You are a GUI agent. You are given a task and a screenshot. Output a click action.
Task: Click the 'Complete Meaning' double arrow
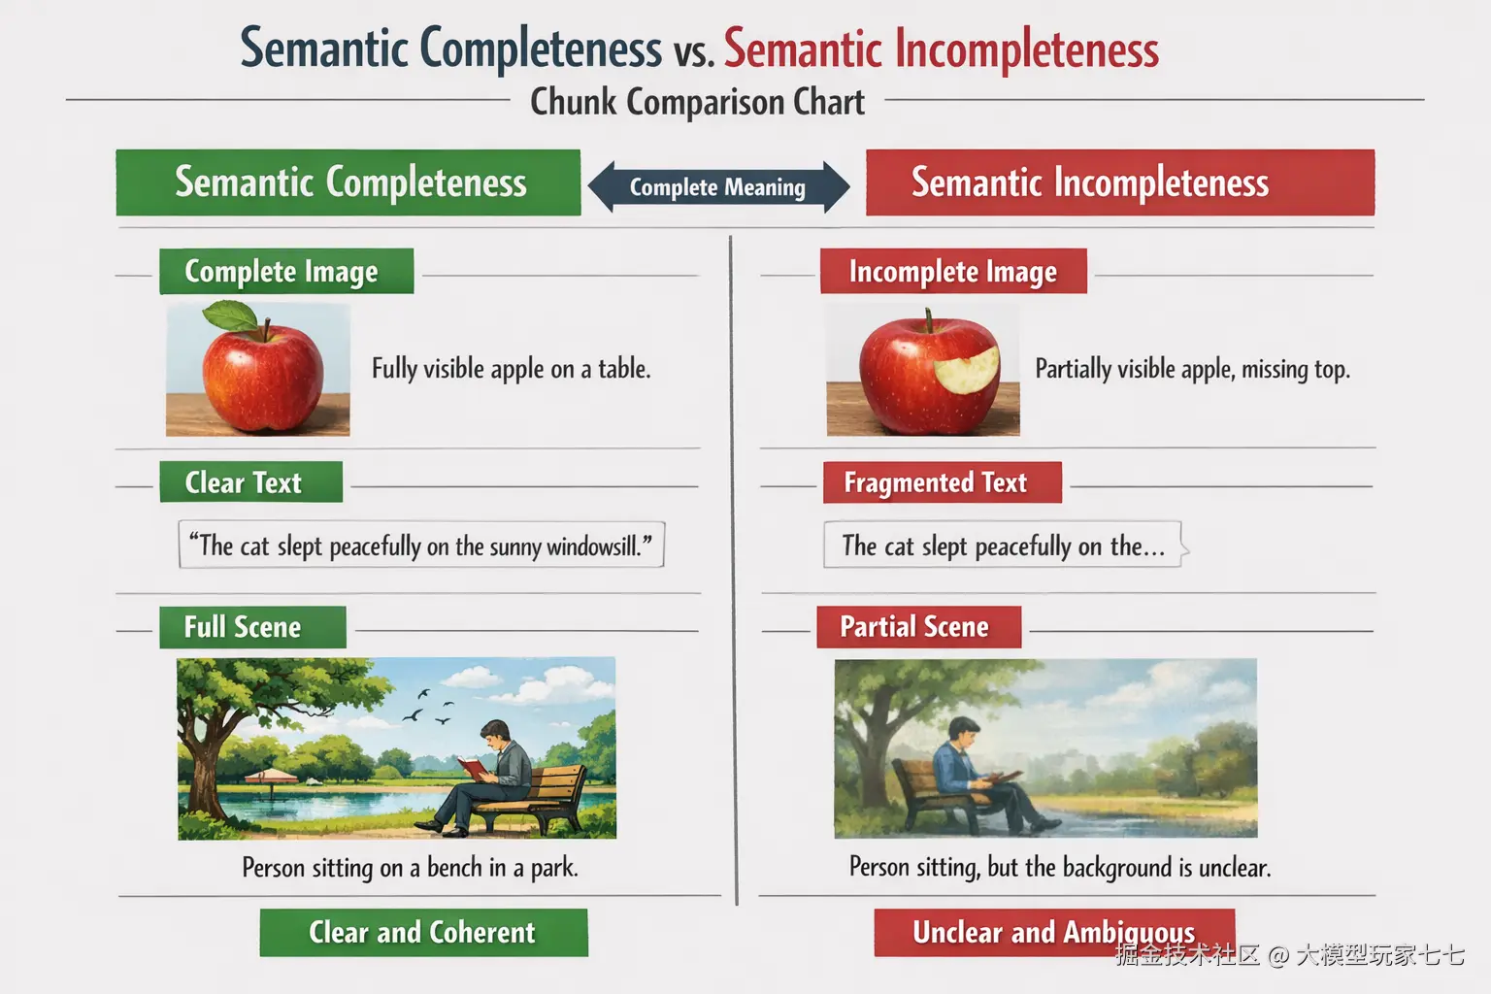point(718,187)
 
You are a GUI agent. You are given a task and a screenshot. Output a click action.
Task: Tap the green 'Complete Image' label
point(286,271)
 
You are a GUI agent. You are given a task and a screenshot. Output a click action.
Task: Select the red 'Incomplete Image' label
point(953,271)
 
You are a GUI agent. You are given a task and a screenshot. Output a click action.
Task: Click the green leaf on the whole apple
point(230,315)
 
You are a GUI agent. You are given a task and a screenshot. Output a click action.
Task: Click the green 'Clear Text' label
point(251,482)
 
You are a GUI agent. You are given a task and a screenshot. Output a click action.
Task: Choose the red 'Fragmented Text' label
point(942,482)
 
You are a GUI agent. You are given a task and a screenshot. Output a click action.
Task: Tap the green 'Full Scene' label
point(252,627)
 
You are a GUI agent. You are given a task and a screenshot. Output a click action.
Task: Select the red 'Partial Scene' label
point(918,626)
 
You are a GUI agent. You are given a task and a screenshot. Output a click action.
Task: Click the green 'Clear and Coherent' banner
point(423,932)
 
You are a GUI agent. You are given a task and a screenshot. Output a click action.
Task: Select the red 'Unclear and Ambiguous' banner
point(1054,932)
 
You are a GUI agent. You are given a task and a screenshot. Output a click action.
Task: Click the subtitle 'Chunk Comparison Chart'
point(698,102)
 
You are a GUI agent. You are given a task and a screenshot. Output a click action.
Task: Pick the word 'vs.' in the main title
point(693,51)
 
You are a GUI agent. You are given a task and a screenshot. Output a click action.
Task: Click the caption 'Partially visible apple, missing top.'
point(1192,369)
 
